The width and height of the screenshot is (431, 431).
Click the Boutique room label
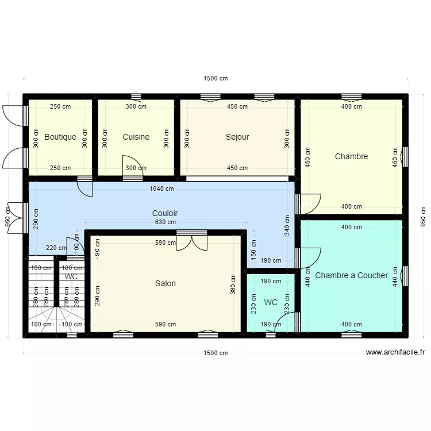click(x=60, y=137)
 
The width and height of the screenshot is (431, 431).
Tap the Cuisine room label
click(x=136, y=137)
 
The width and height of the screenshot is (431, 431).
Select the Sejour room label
click(x=237, y=137)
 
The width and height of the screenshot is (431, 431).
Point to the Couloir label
click(x=165, y=213)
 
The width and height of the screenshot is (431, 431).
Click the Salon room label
click(x=165, y=283)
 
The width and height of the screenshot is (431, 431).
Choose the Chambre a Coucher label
click(x=351, y=275)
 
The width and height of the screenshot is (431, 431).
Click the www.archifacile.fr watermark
click(x=395, y=352)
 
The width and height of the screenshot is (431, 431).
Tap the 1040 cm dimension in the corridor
click(x=161, y=188)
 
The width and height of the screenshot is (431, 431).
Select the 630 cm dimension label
click(x=165, y=222)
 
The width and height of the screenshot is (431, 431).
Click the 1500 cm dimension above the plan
click(x=215, y=78)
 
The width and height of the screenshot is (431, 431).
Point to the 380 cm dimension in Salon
click(x=233, y=284)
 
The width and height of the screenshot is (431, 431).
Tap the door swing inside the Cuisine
click(x=133, y=165)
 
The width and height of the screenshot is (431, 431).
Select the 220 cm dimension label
click(x=56, y=248)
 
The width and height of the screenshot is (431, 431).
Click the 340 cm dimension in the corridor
click(x=287, y=225)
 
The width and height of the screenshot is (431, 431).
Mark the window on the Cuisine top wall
click(x=136, y=97)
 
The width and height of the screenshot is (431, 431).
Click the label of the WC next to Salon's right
click(x=271, y=303)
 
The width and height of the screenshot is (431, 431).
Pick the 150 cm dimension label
click(x=253, y=249)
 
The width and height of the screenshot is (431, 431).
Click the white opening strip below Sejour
click(x=237, y=179)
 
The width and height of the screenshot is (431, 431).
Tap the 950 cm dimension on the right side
click(x=423, y=217)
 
